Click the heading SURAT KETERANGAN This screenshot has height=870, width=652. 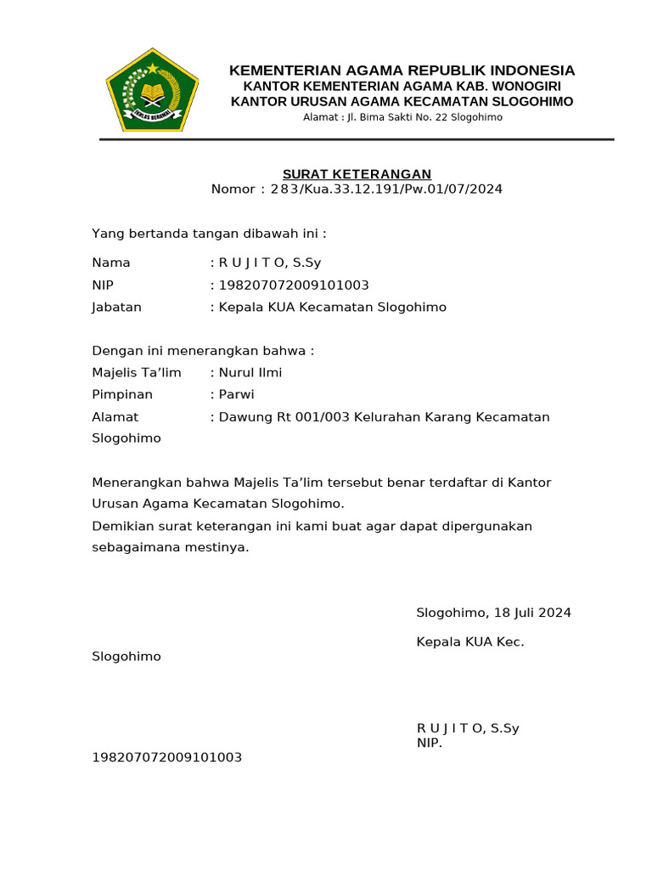click(x=357, y=174)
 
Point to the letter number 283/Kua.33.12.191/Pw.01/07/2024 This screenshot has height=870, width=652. click(x=386, y=189)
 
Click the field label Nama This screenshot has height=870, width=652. click(x=111, y=263)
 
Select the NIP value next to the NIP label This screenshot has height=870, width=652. click(x=294, y=285)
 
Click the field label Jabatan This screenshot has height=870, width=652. click(x=117, y=308)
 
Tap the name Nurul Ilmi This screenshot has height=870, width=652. click(x=250, y=373)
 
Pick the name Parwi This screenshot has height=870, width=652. click(x=237, y=395)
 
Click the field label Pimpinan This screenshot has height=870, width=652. click(x=122, y=395)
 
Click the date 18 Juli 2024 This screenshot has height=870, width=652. click(x=530, y=613)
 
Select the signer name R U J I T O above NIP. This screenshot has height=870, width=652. click(x=450, y=728)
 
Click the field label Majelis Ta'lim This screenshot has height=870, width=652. click(x=137, y=373)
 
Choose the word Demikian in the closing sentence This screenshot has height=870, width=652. click(x=119, y=527)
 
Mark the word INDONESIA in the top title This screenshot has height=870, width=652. click(x=529, y=71)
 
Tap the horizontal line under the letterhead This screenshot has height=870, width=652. click(x=357, y=139)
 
